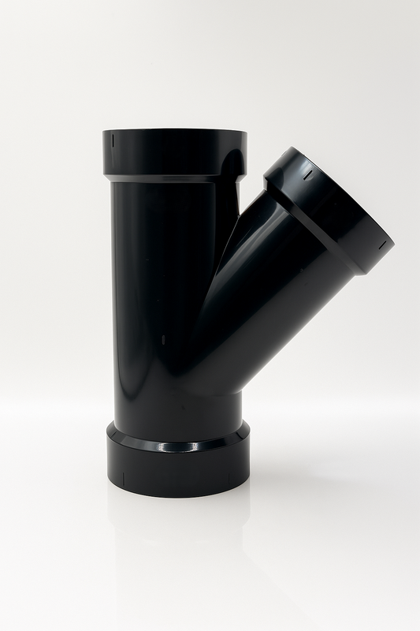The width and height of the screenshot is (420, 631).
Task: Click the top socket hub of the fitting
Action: coord(173,154)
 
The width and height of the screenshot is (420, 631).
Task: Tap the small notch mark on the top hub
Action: coord(112,140)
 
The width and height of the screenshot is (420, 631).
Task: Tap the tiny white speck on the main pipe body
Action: coord(164,340)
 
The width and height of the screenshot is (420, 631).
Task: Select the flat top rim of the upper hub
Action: coord(173,132)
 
